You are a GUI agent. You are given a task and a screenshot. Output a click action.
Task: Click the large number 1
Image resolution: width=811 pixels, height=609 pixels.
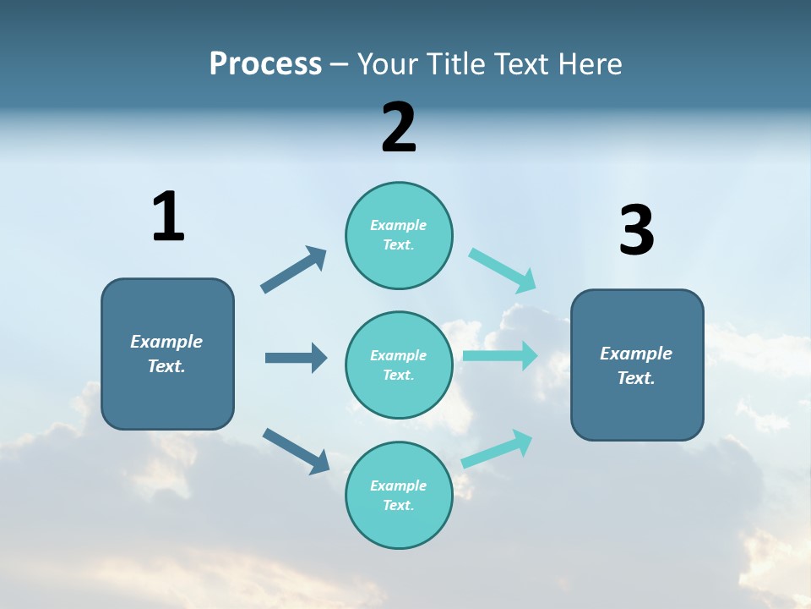tap(168, 217)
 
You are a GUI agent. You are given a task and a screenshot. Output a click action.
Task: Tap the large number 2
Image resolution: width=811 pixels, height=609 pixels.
tap(399, 128)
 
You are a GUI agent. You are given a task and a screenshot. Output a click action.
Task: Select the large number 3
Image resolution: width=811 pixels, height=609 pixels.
tap(636, 231)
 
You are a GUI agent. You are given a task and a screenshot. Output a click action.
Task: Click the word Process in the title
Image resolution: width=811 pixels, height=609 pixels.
tap(265, 63)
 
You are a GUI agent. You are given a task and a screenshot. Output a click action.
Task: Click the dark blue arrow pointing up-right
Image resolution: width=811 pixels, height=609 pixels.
tap(294, 270)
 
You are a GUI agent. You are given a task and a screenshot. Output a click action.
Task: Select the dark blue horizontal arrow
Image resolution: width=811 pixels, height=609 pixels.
tap(296, 358)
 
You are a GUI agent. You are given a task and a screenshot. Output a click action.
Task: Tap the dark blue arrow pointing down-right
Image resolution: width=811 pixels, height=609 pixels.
tap(296, 451)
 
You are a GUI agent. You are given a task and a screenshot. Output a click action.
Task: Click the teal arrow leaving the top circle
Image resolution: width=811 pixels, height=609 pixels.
tap(503, 271)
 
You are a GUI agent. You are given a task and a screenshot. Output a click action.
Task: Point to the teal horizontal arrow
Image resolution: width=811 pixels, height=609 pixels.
tap(500, 355)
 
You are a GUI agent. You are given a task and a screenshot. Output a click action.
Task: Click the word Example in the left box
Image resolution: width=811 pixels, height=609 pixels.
tap(166, 342)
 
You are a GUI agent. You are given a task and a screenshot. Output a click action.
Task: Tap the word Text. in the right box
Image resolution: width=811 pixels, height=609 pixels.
tap(636, 378)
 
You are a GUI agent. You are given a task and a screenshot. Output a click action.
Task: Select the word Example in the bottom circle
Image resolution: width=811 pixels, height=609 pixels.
tap(398, 486)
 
